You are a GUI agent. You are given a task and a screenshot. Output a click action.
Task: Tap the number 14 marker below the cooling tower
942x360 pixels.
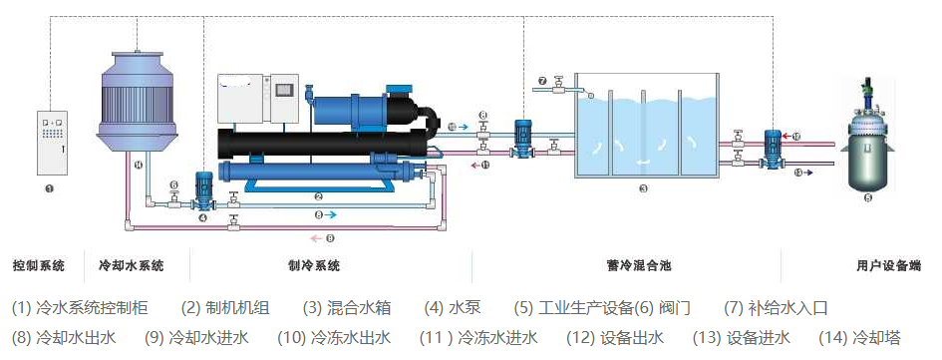point(139,165)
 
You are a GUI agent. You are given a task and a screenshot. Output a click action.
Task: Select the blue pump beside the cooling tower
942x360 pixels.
point(203,190)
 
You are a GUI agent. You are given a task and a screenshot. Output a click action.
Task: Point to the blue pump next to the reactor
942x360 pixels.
point(771,148)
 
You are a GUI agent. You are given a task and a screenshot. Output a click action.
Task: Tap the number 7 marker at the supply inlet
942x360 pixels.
point(542,81)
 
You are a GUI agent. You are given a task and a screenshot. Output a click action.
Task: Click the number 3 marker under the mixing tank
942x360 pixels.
point(644,188)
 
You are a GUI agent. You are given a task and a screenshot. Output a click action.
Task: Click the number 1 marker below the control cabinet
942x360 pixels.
point(50,187)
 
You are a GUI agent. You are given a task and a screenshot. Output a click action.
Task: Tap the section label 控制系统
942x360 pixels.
point(39,266)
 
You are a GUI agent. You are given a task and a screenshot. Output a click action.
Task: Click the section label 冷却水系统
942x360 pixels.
point(131,266)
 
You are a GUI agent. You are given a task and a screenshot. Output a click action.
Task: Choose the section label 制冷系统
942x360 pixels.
point(313,266)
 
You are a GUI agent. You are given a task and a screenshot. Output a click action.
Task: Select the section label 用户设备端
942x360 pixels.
point(888,266)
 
